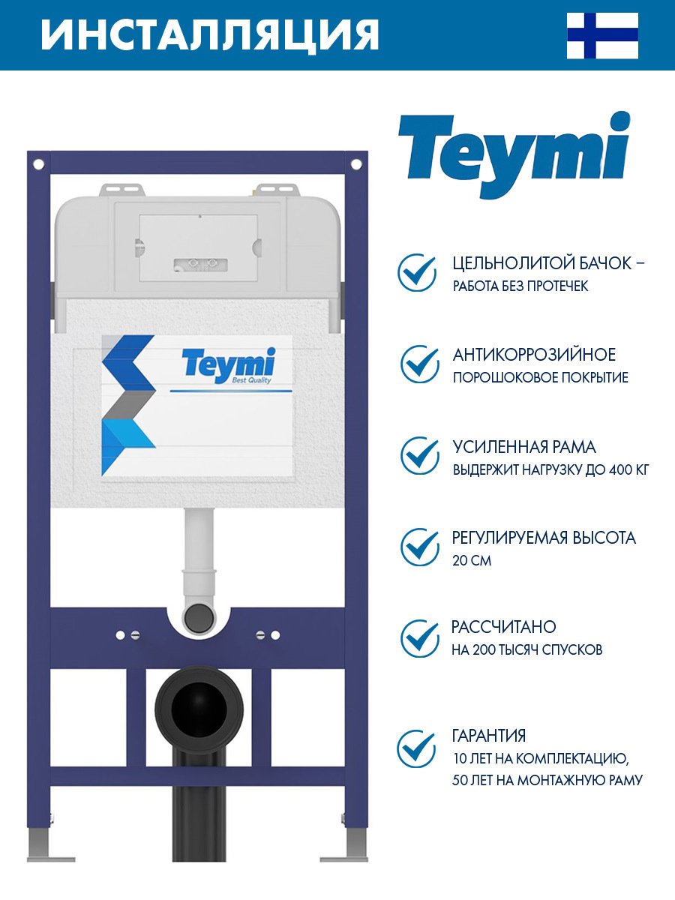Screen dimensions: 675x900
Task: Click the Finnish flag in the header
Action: click(x=602, y=36)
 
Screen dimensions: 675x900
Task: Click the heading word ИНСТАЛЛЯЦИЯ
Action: click(x=210, y=34)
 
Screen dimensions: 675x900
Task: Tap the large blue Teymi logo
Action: click(x=514, y=154)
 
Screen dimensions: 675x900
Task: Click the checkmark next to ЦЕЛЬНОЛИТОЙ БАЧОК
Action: click(x=417, y=273)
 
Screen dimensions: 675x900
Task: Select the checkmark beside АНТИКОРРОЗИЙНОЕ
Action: click(x=419, y=364)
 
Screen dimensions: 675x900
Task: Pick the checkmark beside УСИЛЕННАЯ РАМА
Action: click(x=419, y=456)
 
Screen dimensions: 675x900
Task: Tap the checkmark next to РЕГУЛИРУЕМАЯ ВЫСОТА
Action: click(x=419, y=547)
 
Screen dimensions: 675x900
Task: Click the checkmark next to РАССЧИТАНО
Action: click(x=419, y=639)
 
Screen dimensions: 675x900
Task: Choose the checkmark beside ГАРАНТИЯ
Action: click(x=416, y=748)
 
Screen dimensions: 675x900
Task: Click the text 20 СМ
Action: click(x=471, y=560)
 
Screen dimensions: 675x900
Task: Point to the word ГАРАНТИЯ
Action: click(x=488, y=736)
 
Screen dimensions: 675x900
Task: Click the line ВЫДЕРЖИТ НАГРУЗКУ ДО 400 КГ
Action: click(x=550, y=470)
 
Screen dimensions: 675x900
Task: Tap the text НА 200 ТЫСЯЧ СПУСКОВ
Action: click(x=527, y=650)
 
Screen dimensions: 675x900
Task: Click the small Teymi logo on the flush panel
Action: click(x=229, y=365)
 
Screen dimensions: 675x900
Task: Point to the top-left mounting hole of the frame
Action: click(x=38, y=165)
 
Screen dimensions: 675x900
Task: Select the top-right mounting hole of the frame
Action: click(x=356, y=165)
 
